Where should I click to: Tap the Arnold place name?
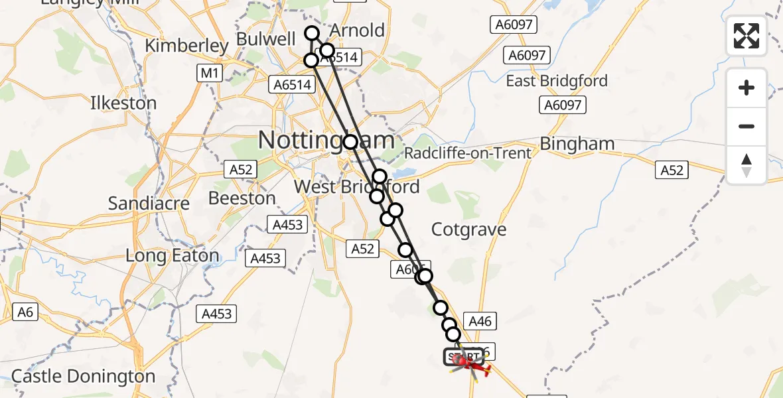point(357,31)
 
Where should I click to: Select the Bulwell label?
point(266,39)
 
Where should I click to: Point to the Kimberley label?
point(186,46)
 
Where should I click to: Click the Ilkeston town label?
point(123,103)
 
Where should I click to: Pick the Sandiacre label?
point(149,203)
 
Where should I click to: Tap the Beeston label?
point(242,198)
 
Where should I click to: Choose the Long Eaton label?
point(172,256)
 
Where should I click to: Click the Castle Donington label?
point(83,377)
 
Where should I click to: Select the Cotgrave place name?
point(468,230)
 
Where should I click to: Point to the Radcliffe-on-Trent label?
point(468,153)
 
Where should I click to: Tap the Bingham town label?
point(577,144)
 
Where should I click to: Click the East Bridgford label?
point(557,81)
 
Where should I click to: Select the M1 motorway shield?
point(209,73)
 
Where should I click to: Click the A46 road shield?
point(480,322)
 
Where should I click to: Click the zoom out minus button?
point(747,126)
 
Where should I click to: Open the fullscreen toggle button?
point(747,36)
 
